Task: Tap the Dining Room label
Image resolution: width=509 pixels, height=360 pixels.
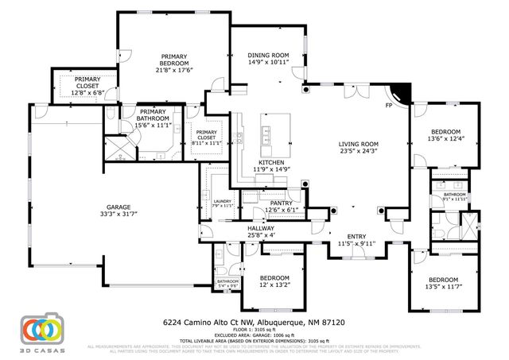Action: coord(266,54)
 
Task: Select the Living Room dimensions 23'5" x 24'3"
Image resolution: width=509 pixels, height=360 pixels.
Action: coord(357,150)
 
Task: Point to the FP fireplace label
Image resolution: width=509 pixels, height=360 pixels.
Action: coord(389,105)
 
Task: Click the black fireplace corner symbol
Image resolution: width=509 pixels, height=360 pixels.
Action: coord(404,95)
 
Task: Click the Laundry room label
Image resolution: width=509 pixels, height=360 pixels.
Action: coord(222,202)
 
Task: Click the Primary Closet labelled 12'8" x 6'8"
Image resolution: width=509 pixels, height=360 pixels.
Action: coord(87,85)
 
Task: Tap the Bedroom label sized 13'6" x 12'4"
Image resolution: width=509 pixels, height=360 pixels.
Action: coord(445,131)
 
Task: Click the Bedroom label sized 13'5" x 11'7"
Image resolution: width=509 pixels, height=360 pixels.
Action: coord(445,281)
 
